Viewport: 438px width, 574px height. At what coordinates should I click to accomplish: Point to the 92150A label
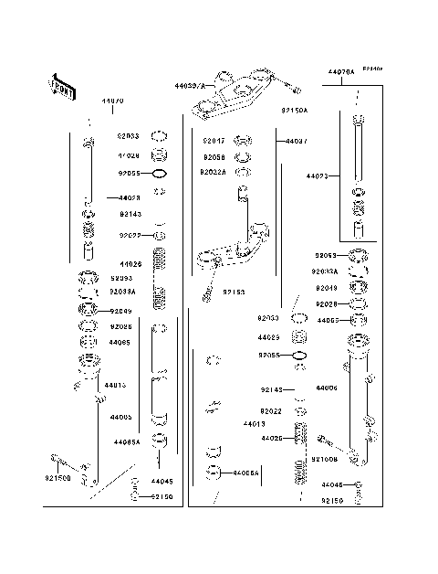point(295,110)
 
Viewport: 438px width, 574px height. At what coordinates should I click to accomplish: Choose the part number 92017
point(214,142)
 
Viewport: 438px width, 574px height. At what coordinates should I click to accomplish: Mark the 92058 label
point(214,156)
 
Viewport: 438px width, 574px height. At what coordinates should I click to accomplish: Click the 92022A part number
point(216,171)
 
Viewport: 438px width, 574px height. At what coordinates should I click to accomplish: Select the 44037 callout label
point(296,142)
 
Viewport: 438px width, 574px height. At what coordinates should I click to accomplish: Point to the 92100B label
point(325,459)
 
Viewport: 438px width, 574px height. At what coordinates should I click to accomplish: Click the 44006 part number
point(327,388)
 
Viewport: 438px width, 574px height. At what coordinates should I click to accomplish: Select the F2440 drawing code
point(370,69)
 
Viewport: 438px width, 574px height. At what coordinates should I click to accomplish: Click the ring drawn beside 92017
point(243,141)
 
